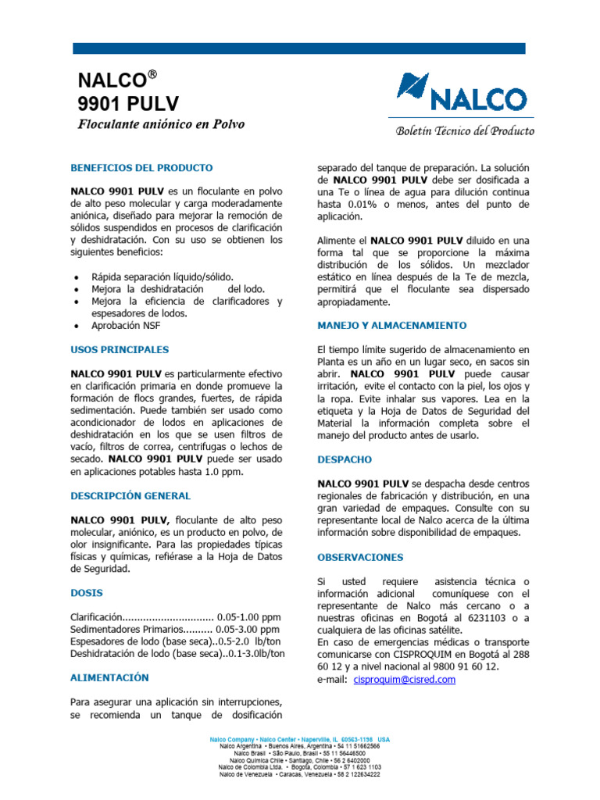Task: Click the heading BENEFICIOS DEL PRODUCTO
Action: [x=141, y=168]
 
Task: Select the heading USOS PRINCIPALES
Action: [x=120, y=349]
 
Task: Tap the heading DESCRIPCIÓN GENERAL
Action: [x=130, y=495]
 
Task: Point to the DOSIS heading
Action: [x=87, y=592]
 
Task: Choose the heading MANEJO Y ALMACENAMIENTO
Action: [x=391, y=325]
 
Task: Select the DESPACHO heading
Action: [x=345, y=459]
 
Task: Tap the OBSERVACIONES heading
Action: [x=360, y=557]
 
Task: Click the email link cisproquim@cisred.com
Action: [x=404, y=680]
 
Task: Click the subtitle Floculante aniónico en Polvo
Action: [x=161, y=124]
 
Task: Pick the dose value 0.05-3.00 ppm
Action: [x=248, y=629]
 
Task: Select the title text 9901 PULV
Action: [x=129, y=103]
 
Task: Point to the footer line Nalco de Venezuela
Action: [x=300, y=774]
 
